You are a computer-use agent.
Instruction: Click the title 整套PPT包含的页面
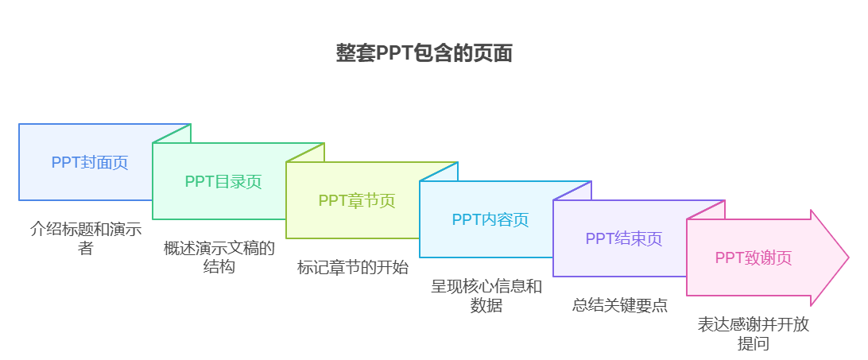point(424,53)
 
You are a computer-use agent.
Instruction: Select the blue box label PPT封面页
point(89,162)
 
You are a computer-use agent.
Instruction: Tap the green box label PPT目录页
point(223,181)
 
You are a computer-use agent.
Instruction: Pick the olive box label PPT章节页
point(356,200)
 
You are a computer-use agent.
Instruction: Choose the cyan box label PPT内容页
point(490,219)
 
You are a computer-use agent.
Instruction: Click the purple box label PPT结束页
point(623,238)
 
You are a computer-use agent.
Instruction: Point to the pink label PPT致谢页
point(753,257)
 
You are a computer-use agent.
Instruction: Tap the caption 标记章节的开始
point(352,267)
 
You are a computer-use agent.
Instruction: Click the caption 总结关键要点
point(619,305)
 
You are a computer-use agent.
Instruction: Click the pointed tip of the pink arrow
point(847,257)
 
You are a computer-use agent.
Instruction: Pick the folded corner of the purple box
point(712,211)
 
